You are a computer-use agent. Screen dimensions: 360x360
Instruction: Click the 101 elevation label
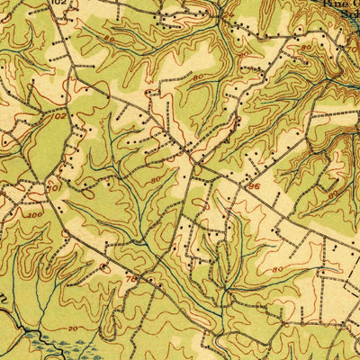pyautogui.click(x=55, y=188)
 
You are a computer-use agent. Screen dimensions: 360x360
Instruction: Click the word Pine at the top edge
pyautogui.click(x=334, y=4)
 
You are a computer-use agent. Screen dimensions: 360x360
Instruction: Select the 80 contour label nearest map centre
pyautogui.click(x=155, y=178)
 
